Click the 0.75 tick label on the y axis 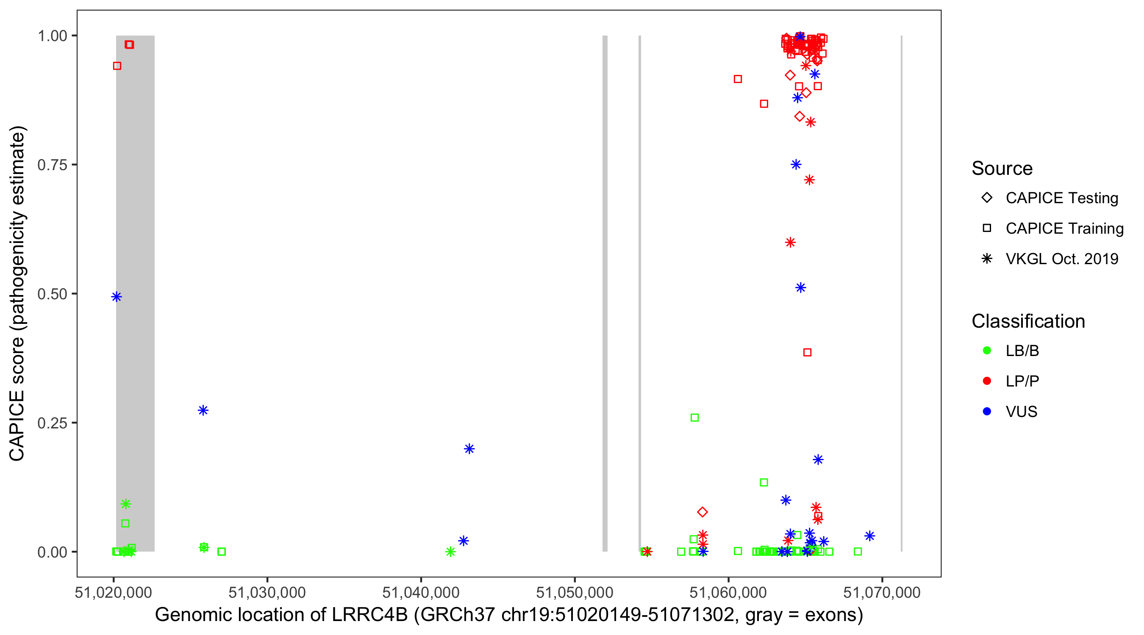click(x=52, y=165)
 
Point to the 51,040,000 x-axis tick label click(x=421, y=592)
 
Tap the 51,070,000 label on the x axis click(x=882, y=592)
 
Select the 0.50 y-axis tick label click(x=52, y=294)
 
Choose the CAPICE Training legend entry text click(x=1064, y=229)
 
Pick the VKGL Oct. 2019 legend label click(x=1061, y=259)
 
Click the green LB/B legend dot click(x=987, y=351)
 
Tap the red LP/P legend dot click(x=987, y=381)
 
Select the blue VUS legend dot click(x=987, y=412)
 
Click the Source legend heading click(x=1002, y=168)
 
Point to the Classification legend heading click(x=1027, y=321)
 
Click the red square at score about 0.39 click(x=808, y=352)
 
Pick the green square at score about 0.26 click(x=694, y=417)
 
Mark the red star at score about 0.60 click(x=790, y=242)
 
